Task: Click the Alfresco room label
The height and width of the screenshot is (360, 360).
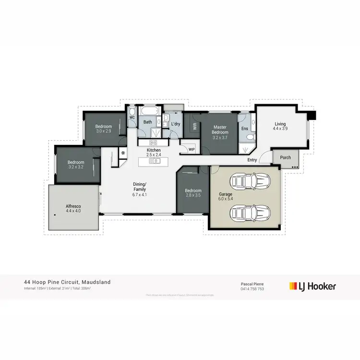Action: click(73, 206)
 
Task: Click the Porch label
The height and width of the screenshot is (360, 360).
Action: click(286, 157)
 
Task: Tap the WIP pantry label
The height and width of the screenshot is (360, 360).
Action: click(192, 149)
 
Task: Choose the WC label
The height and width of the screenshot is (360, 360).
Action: click(132, 117)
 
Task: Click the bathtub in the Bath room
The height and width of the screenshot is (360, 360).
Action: click(148, 111)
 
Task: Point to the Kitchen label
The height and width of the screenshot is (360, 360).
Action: click(154, 150)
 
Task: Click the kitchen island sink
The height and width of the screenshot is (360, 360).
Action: click(155, 161)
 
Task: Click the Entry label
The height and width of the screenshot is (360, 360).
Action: click(252, 160)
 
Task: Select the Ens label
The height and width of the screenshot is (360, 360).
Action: click(245, 128)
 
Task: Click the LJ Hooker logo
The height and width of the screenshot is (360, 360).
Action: click(312, 286)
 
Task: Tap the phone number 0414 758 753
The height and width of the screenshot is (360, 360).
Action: click(252, 288)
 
